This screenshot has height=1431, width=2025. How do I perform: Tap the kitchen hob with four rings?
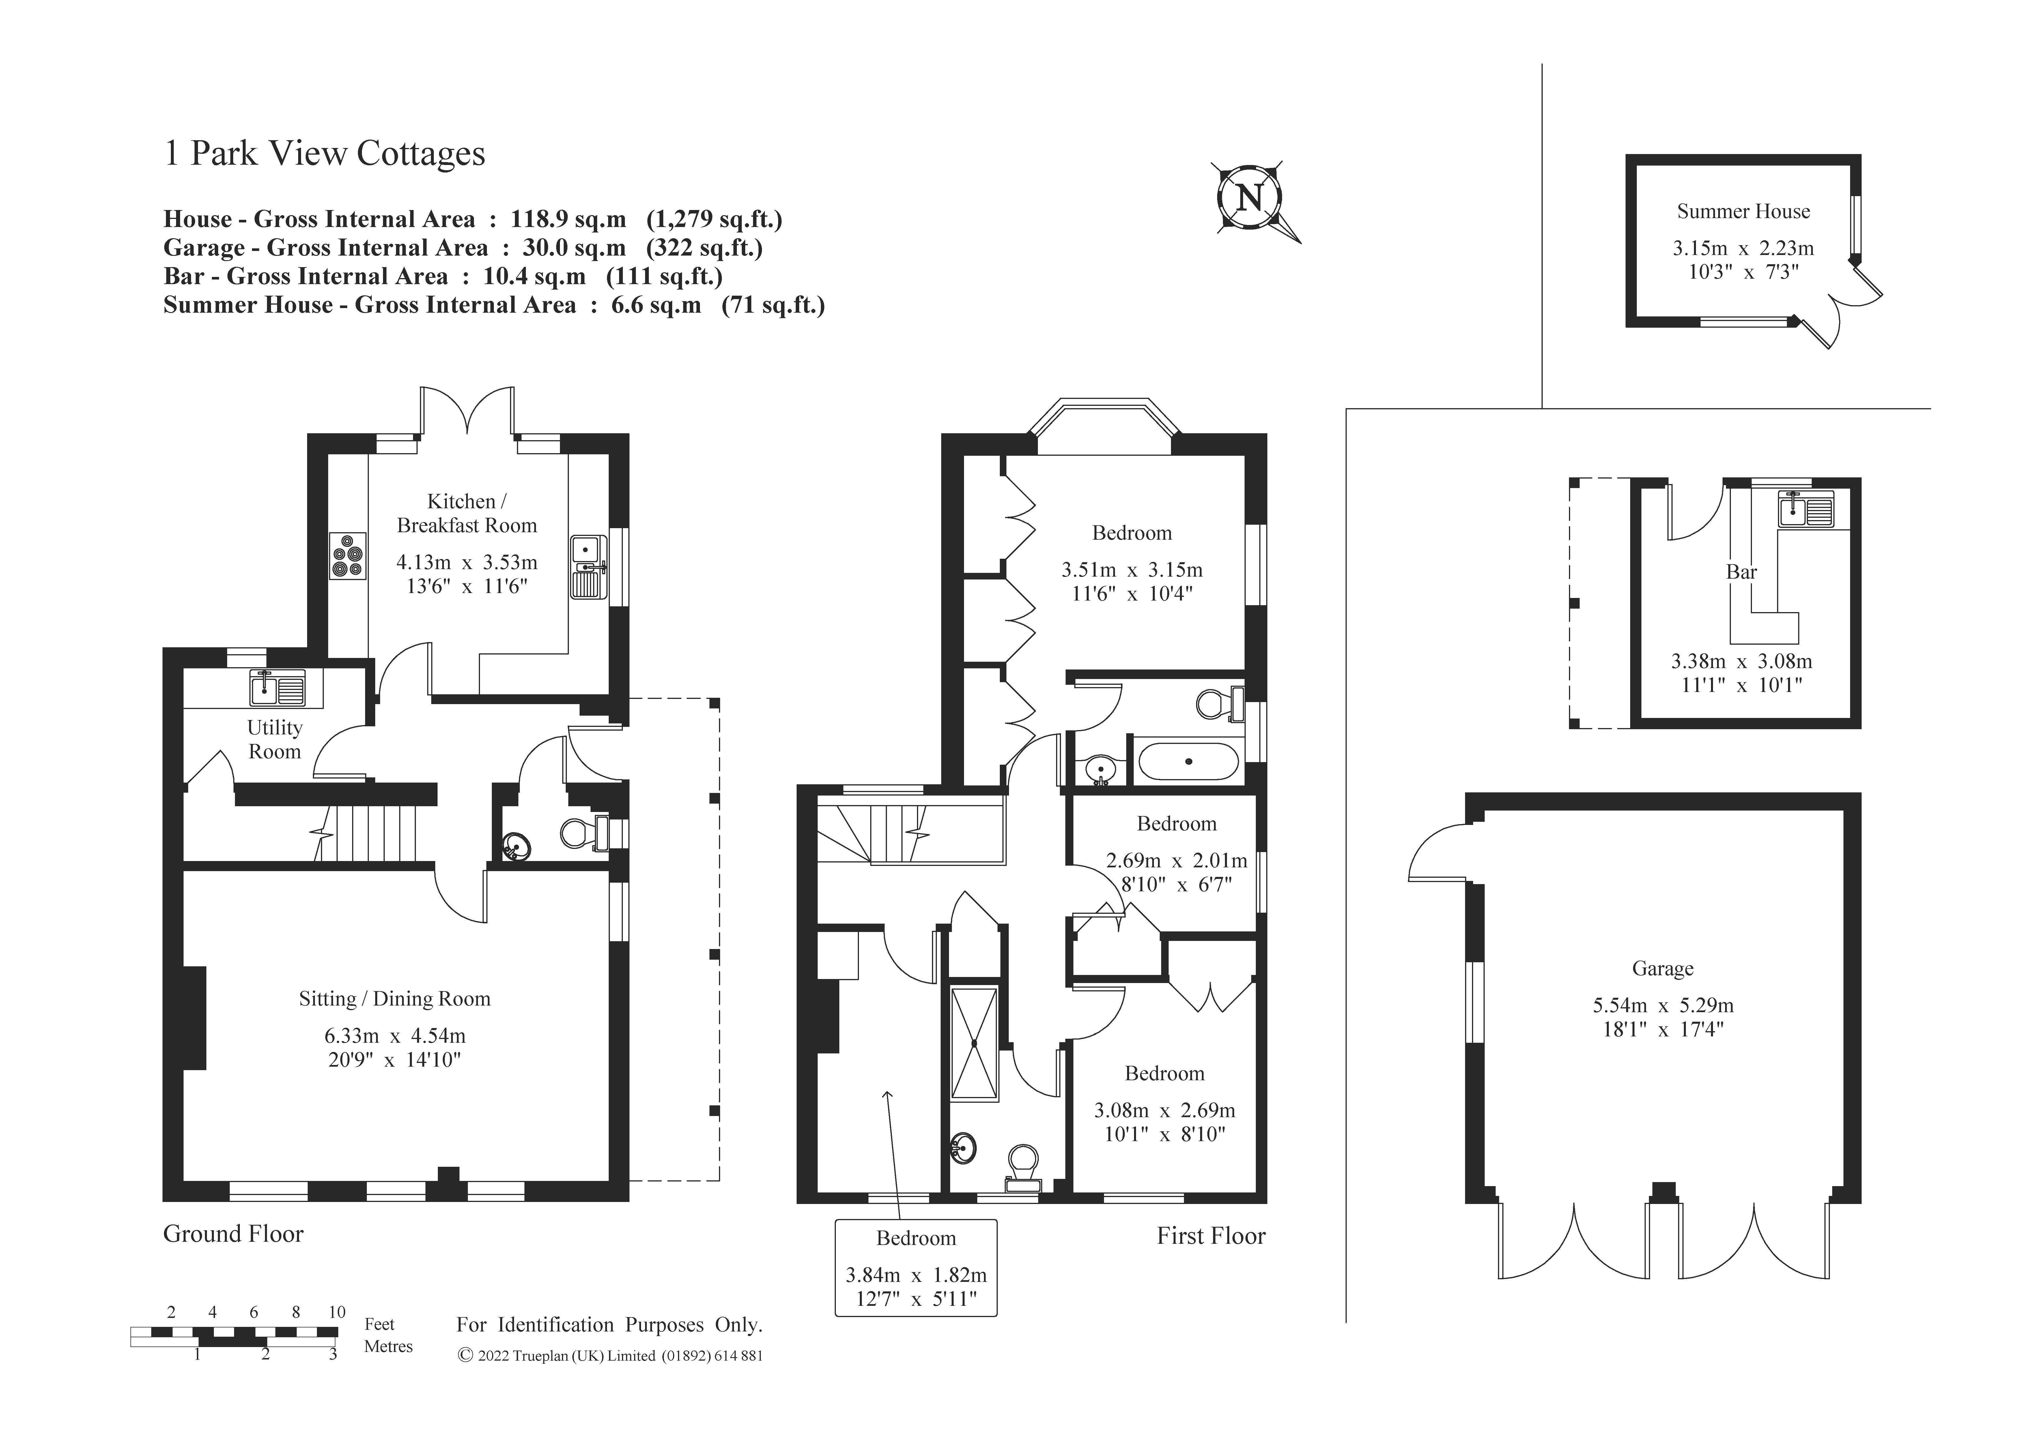click(x=348, y=556)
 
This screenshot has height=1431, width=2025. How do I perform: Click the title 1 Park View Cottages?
click(x=325, y=153)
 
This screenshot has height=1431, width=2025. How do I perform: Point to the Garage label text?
click(x=1662, y=968)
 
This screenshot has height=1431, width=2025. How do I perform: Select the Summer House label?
click(x=1743, y=212)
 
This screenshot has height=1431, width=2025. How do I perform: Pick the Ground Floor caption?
click(x=233, y=1233)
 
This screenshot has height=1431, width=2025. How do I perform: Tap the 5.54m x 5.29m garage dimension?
click(x=1662, y=1005)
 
